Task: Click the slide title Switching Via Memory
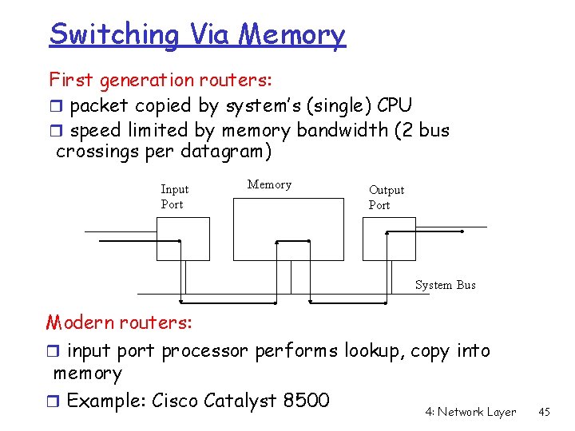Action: click(x=197, y=34)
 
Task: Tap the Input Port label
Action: click(x=174, y=196)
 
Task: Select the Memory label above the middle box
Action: click(x=269, y=184)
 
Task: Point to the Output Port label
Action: click(x=387, y=197)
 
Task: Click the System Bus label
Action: click(x=445, y=285)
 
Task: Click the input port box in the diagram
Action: click(x=183, y=239)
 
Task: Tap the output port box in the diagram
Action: click(x=389, y=239)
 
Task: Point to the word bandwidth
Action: click(x=341, y=130)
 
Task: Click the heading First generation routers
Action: click(x=160, y=80)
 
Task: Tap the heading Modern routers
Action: click(x=119, y=322)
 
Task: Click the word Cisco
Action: click(x=176, y=399)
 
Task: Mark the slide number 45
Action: click(x=545, y=412)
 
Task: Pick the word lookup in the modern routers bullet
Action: click(x=373, y=350)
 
